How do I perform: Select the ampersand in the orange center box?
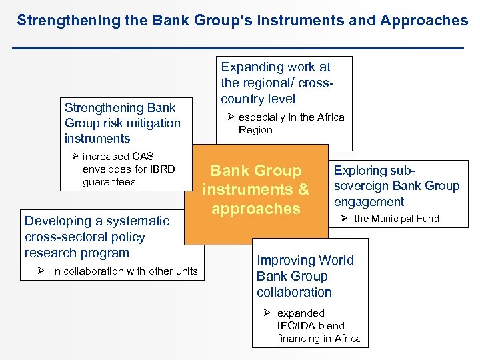tap(303, 189)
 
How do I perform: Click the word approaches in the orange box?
tap(256, 208)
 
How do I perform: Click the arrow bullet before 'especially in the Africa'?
tap(231, 117)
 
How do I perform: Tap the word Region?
tap(255, 130)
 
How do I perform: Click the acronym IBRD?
tap(162, 169)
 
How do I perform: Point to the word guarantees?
tap(109, 181)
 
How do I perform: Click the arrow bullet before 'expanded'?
tap(266, 313)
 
